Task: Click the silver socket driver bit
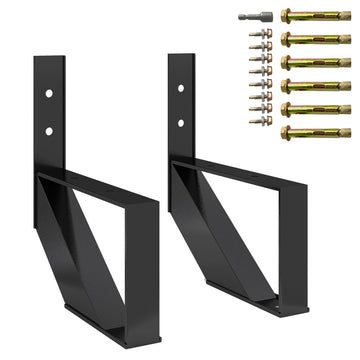coord(255,17)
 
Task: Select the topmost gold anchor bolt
coord(314,16)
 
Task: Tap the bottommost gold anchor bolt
coord(314,133)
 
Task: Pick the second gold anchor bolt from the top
coord(314,39)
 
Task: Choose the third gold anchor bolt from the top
coord(314,63)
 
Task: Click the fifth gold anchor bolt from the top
coord(314,110)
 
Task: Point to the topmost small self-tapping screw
coord(266,35)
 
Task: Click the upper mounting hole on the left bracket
coord(48,92)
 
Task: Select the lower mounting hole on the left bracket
coord(48,130)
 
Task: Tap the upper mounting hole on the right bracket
coord(181,87)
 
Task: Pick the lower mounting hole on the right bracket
coord(181,123)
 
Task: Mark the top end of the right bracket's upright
coord(181,57)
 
